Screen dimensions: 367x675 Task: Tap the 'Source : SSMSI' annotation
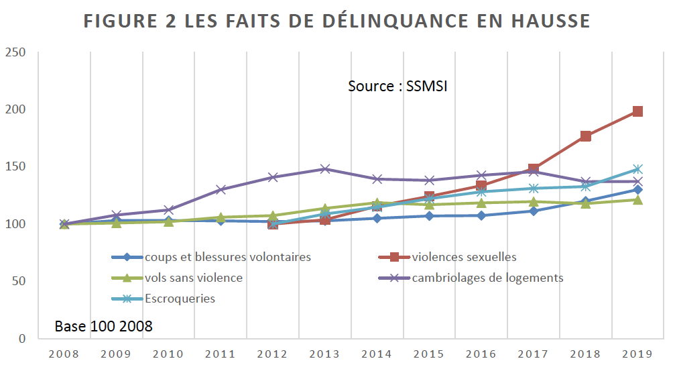tap(397, 87)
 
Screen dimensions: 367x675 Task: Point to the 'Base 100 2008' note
tap(104, 327)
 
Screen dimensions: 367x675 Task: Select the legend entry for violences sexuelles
tap(464, 257)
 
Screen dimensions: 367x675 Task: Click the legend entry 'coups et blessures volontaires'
tap(227, 257)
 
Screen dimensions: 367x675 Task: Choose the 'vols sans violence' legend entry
tap(193, 278)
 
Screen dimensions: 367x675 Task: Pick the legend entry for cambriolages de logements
tap(487, 278)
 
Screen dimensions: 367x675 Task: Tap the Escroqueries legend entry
tap(180, 299)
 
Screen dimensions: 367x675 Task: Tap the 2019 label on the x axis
tap(637, 354)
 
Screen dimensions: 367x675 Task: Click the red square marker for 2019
tap(637, 111)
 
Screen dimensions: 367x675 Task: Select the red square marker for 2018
tap(585, 136)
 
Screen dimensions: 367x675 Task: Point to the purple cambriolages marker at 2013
tap(325, 168)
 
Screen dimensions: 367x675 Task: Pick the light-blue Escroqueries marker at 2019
tap(637, 169)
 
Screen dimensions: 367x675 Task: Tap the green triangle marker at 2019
tap(637, 199)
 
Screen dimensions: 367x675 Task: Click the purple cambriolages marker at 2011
tap(221, 189)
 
